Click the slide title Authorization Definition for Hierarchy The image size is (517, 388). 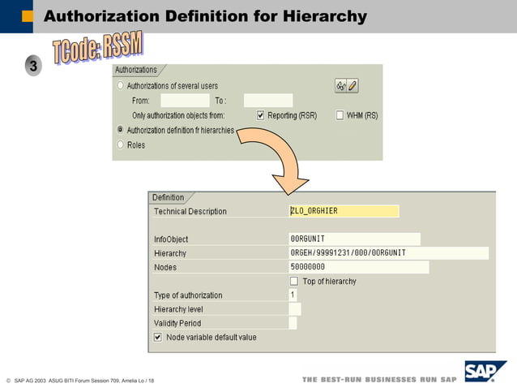click(x=204, y=16)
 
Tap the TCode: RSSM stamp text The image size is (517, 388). click(x=97, y=50)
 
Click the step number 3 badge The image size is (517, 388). click(x=33, y=67)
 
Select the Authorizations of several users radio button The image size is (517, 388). click(x=121, y=86)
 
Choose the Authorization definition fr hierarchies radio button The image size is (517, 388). click(x=121, y=130)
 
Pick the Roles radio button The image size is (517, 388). click(x=121, y=145)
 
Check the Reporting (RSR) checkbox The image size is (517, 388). click(x=261, y=115)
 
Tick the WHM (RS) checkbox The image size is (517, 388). click(x=340, y=115)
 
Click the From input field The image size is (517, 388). click(x=185, y=101)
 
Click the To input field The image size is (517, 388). click(x=267, y=101)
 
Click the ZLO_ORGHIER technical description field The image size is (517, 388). click(x=344, y=211)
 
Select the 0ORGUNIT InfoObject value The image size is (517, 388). click(x=354, y=239)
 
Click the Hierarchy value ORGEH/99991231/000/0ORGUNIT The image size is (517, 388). click(x=388, y=253)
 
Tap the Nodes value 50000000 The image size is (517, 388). click(x=358, y=267)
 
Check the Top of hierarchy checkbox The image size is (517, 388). click(x=294, y=281)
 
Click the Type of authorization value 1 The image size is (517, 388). click(x=293, y=295)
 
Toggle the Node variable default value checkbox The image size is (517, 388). click(x=158, y=337)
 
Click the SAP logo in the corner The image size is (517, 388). click(x=484, y=372)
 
